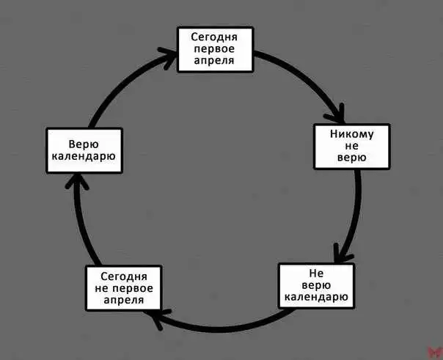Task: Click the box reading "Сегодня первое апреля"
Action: click(215, 49)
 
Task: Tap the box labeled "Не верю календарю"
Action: click(316, 286)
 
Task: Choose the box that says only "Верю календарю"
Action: click(84, 151)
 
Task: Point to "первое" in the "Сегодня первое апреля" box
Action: click(215, 49)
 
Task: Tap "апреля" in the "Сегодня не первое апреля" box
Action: click(123, 301)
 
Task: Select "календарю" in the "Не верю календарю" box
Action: click(316, 298)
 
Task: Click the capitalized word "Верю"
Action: click(84, 144)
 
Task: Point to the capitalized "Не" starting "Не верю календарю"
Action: click(316, 273)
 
